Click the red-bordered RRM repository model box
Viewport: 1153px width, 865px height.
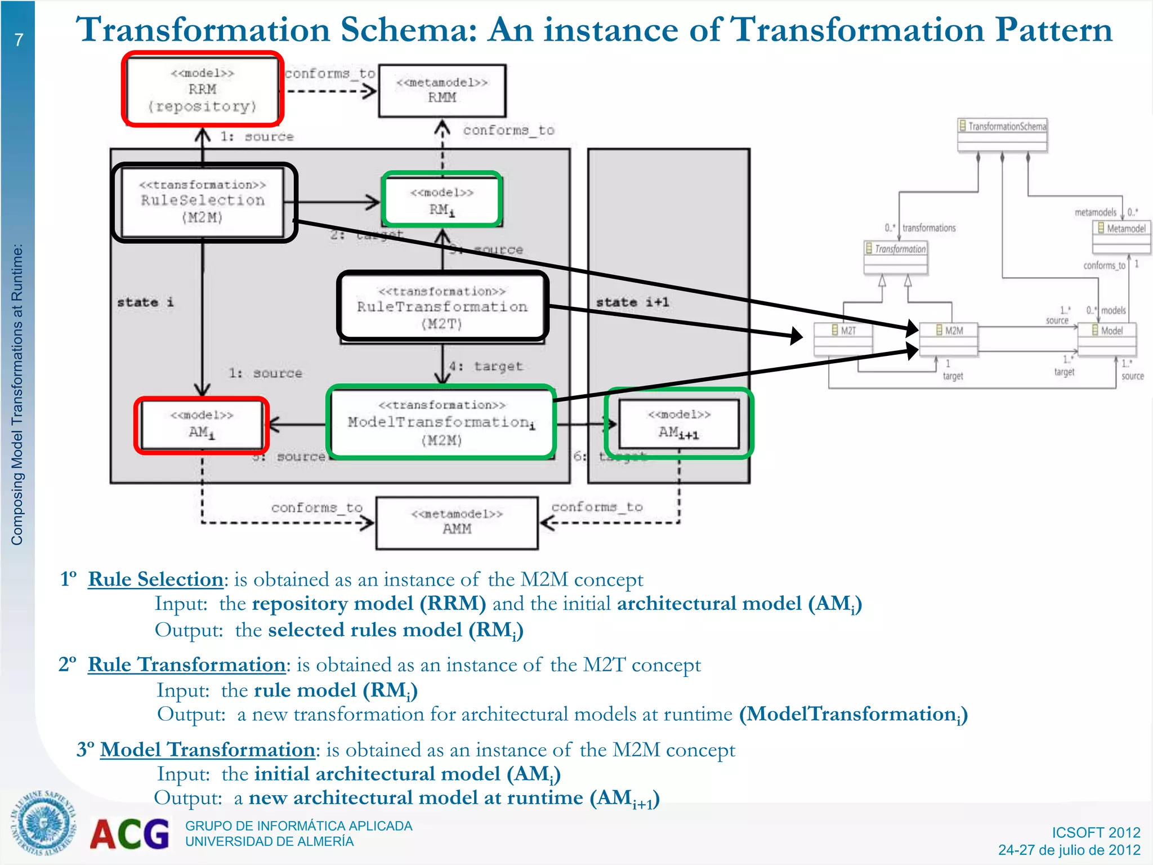[202, 89]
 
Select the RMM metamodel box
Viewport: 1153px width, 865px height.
[442, 91]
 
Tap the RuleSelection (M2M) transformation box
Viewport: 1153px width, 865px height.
[203, 202]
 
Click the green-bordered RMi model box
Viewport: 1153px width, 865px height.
[442, 200]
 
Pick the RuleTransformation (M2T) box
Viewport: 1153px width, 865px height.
[443, 307]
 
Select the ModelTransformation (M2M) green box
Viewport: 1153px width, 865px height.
[441, 422]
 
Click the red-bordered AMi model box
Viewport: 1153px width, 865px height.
[202, 425]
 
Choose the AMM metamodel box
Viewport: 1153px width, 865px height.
[457, 522]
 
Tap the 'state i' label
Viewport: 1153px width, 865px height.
[145, 302]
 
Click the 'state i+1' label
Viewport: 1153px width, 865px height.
[632, 302]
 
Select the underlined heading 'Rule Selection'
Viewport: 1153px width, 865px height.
[155, 579]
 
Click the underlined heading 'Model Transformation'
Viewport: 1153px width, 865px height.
[207, 750]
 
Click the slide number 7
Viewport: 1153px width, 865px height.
[19, 40]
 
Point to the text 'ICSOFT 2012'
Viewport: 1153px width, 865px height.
[1096, 832]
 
